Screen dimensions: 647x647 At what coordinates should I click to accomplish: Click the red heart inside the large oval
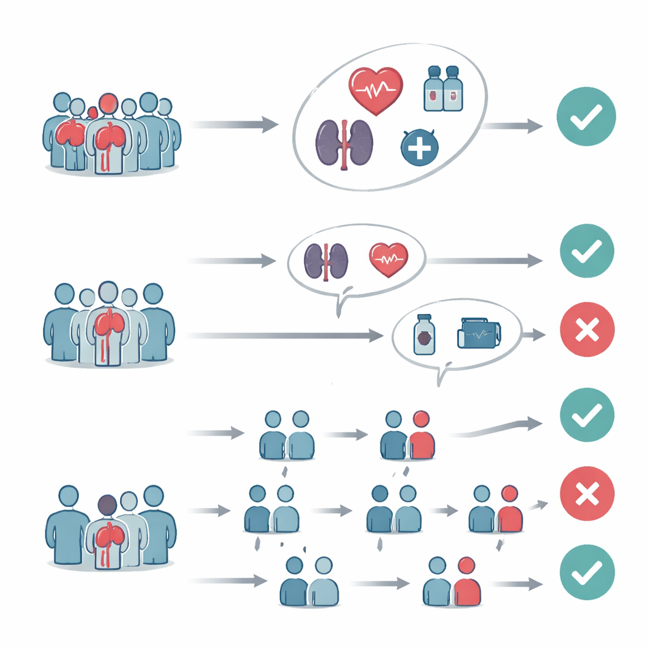[x=375, y=90]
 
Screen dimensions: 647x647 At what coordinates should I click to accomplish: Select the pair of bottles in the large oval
[x=442, y=89]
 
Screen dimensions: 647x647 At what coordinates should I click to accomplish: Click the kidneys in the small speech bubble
[x=326, y=260]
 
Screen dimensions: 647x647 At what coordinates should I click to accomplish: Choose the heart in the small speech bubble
[x=389, y=260]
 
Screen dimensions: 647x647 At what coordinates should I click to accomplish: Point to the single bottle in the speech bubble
[x=423, y=336]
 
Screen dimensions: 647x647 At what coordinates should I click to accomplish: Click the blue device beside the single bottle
[x=478, y=333]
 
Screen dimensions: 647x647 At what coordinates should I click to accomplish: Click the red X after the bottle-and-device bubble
[x=587, y=330]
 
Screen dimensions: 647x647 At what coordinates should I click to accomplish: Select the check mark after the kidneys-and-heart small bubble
[x=586, y=251]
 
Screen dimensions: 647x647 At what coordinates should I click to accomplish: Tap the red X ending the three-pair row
[x=587, y=494]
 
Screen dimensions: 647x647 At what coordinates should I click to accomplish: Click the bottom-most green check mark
[x=587, y=572]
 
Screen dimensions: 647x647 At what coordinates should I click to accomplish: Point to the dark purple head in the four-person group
[x=107, y=505]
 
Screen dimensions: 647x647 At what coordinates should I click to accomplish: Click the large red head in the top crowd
[x=108, y=104]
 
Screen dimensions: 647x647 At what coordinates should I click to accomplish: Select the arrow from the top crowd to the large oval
[x=234, y=124]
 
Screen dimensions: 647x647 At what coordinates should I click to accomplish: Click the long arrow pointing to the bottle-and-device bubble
[x=284, y=336]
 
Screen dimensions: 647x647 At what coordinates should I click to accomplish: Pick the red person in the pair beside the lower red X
[x=509, y=512]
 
